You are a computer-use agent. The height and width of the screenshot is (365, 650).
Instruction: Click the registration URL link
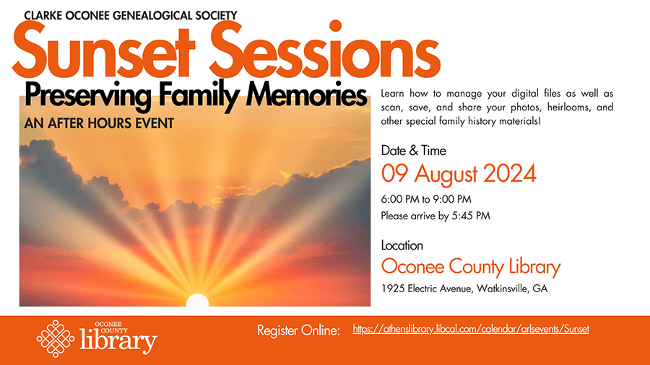coord(470,330)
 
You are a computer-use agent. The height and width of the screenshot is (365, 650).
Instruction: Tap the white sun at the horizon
coord(197,301)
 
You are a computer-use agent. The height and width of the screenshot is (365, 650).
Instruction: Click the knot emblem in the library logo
coord(56,338)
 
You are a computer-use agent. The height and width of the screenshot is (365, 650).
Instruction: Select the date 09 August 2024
coord(459,174)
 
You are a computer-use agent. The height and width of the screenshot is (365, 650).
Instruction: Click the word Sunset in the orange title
coord(103,50)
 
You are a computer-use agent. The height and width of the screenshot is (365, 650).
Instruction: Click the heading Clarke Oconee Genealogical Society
coord(131,16)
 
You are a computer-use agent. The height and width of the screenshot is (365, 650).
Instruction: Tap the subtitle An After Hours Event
coord(99,123)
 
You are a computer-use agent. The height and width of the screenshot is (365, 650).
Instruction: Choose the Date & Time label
coord(413,151)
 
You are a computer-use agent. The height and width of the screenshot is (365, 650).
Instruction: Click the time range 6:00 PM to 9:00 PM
coord(426,200)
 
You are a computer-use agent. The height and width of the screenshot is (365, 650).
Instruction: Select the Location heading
coord(402,245)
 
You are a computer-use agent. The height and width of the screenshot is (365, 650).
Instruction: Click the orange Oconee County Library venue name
coord(471,267)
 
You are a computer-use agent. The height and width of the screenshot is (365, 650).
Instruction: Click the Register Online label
coord(298,330)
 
